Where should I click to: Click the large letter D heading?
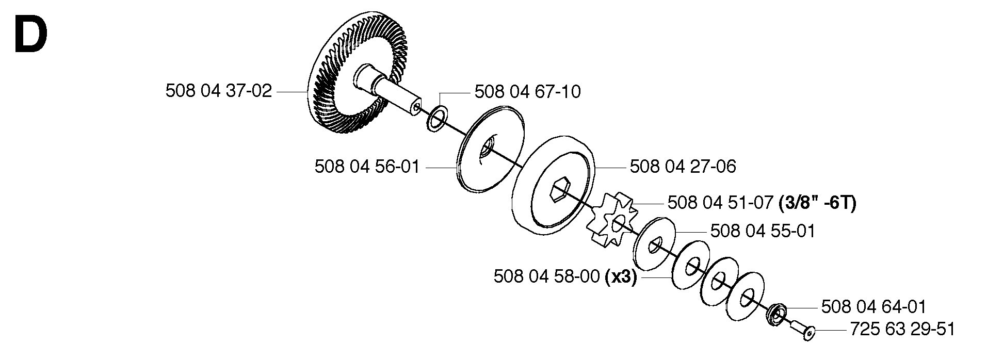31,35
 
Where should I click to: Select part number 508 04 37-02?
219,91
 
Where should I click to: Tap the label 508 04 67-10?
527,92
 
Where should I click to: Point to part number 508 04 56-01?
367,167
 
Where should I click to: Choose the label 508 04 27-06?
683,167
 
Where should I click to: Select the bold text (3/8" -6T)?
817,203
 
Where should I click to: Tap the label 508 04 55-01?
763,231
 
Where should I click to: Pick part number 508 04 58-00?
547,277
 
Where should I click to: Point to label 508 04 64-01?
873,307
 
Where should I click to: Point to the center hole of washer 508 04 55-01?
654,244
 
